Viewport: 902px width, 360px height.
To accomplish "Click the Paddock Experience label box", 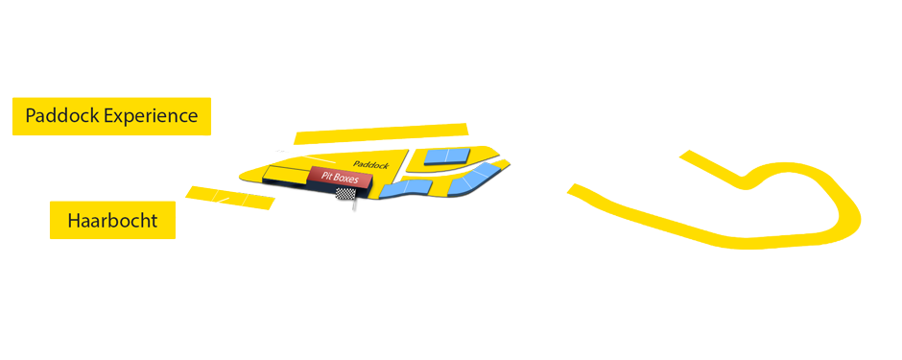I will [111, 116].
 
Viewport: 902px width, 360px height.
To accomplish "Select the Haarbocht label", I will [112, 222].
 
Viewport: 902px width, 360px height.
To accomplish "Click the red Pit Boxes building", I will [340, 178].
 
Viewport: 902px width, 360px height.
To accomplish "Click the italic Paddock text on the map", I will [369, 165].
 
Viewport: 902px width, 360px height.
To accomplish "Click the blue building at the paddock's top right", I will [445, 156].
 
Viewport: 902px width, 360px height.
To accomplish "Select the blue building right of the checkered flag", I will [398, 188].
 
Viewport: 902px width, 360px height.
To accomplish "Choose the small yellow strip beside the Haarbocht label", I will [230, 198].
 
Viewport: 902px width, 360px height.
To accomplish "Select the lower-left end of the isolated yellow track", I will [577, 190].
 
